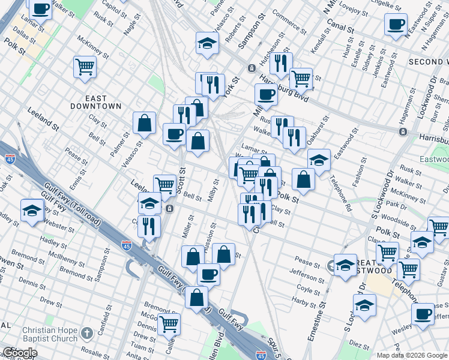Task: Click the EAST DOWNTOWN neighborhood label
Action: pyautogui.click(x=96, y=102)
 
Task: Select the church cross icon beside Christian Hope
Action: pyautogui.click(x=86, y=333)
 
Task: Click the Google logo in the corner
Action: pyautogui.click(x=20, y=353)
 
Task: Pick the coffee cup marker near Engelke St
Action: pyautogui.click(x=396, y=25)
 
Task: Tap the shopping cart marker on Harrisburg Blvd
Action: pyautogui.click(x=301, y=78)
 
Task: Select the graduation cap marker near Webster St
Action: pyautogui.click(x=32, y=210)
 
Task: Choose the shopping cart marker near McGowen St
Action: pyautogui.click(x=169, y=325)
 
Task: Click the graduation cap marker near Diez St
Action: pyautogui.click(x=364, y=305)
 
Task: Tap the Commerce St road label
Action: pyautogui.click(x=289, y=20)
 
